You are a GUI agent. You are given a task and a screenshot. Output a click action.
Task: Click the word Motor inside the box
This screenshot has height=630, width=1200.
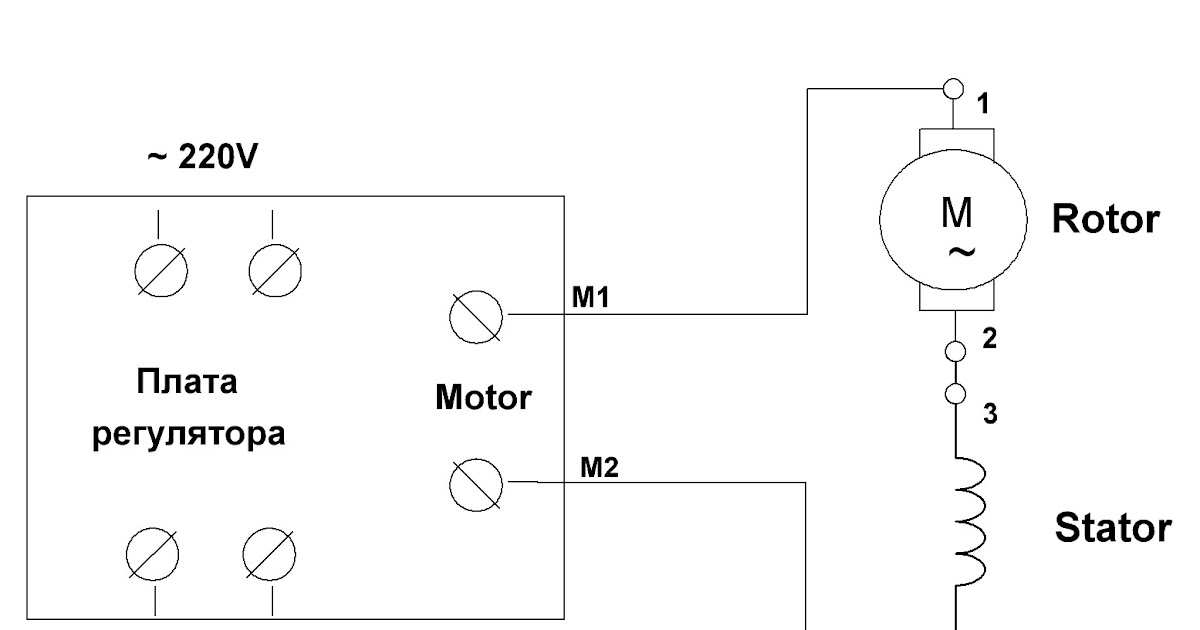[482, 399]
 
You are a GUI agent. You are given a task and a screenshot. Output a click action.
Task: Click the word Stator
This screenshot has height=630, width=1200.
[1111, 527]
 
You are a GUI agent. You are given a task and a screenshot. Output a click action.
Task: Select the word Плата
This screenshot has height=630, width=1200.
[188, 383]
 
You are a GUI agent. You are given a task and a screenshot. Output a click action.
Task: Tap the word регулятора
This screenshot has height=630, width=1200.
[188, 436]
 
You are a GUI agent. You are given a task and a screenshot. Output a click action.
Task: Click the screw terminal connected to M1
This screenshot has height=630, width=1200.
[476, 314]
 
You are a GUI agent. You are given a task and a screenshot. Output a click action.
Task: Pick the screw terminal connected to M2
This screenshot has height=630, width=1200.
[476, 482]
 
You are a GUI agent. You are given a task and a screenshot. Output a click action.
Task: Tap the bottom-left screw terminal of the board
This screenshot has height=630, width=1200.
[153, 552]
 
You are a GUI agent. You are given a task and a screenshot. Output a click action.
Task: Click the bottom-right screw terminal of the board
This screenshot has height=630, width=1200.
[270, 552]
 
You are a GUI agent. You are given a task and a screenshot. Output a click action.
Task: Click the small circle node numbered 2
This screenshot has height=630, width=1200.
[956, 351]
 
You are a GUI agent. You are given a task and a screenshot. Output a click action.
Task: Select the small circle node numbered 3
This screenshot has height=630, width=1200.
[956, 392]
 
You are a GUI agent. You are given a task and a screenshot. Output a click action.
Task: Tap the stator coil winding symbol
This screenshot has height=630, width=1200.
[968, 520]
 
